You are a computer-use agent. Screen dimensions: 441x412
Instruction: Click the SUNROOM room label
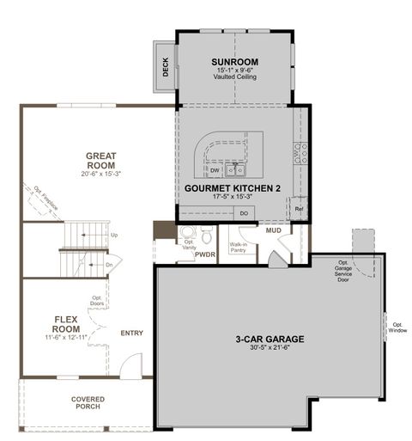(x=234, y=62)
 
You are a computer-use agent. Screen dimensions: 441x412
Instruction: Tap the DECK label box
(x=166, y=66)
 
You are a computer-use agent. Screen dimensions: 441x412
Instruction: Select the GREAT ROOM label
(x=100, y=161)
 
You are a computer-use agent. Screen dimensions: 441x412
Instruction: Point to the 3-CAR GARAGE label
(x=270, y=339)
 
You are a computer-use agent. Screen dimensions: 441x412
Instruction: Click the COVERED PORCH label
(x=87, y=402)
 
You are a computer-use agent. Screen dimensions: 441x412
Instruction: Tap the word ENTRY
(x=132, y=333)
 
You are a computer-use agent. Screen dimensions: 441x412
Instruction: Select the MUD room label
(x=273, y=231)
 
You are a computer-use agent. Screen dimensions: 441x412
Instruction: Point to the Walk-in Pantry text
(x=239, y=248)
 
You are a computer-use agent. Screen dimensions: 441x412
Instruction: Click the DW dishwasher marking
(x=215, y=170)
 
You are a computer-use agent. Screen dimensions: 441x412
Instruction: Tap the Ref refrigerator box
(x=299, y=208)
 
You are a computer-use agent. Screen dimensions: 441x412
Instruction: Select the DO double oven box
(x=244, y=212)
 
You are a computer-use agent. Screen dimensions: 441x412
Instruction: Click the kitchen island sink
(x=234, y=168)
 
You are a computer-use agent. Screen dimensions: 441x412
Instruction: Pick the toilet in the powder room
(x=206, y=234)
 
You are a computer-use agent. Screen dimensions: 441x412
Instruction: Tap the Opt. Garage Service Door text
(x=343, y=271)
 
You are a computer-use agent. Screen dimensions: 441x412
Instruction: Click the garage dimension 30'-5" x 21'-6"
(x=270, y=349)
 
